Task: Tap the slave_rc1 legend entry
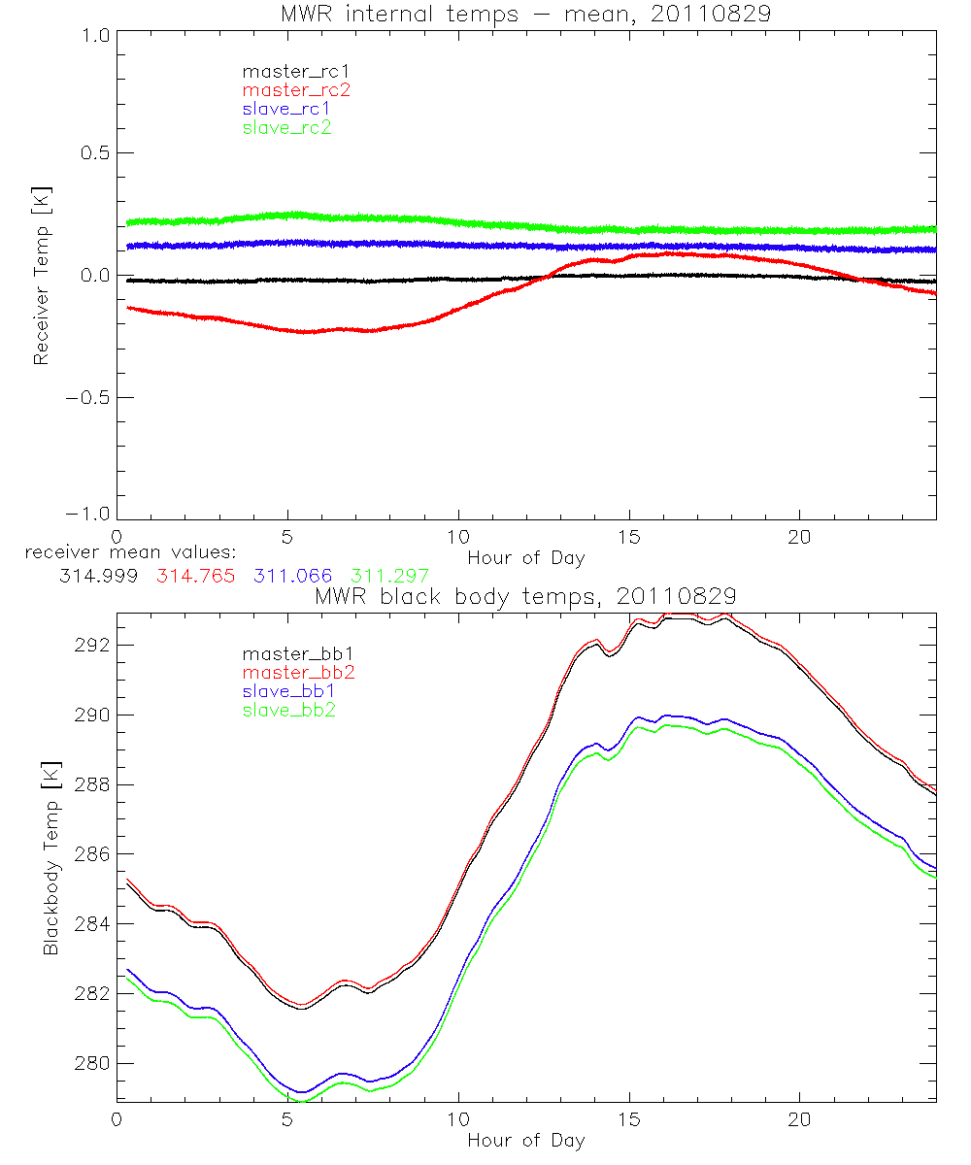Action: pyautogui.click(x=286, y=108)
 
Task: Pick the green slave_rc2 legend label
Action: pyautogui.click(x=286, y=127)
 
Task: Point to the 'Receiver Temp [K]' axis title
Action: pyautogui.click(x=41, y=275)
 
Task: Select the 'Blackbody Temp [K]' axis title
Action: pyautogui.click(x=50, y=855)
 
